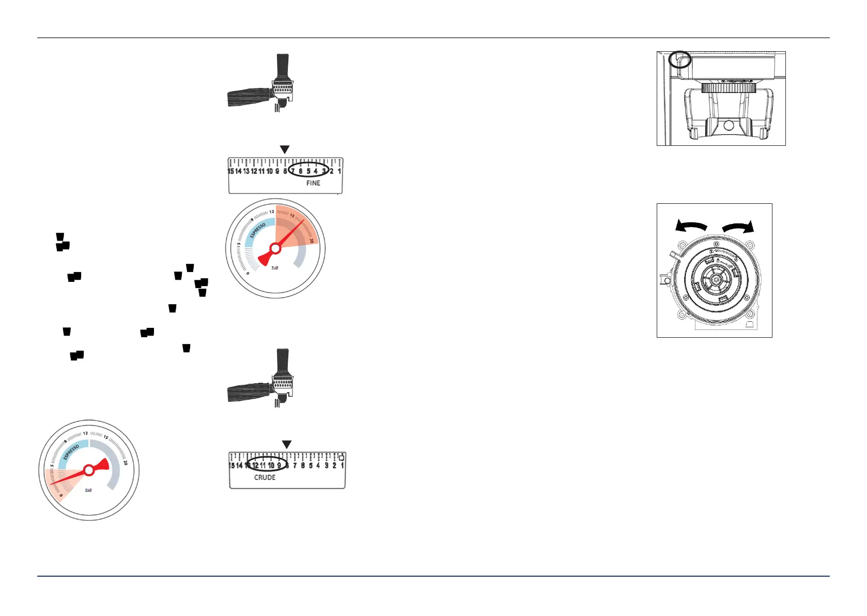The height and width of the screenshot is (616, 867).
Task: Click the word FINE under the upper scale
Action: pos(313,183)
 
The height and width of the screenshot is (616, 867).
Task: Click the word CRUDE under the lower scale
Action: pos(265,477)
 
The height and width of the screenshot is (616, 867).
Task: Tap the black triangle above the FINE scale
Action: pos(284,149)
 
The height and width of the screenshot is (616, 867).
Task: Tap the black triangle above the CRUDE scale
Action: pos(287,445)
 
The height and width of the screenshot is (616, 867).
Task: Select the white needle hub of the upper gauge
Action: pos(275,249)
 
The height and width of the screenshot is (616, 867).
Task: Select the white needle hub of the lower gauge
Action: pos(89,470)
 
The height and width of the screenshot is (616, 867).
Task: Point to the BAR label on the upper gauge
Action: pos(275,268)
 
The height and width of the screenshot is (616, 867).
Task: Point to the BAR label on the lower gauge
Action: pos(88,490)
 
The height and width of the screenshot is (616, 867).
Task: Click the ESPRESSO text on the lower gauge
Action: pos(71,452)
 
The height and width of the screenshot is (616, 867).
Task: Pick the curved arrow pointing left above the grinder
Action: pos(691,226)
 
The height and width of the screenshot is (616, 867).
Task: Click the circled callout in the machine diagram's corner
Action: pos(680,59)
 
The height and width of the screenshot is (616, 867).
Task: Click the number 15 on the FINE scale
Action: pos(231,171)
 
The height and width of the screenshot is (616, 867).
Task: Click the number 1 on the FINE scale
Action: pos(339,171)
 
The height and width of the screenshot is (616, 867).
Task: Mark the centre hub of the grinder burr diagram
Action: pos(716,279)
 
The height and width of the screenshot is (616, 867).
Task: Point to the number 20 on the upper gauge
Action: pos(312,241)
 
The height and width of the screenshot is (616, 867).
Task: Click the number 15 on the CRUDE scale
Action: pos(232,465)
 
